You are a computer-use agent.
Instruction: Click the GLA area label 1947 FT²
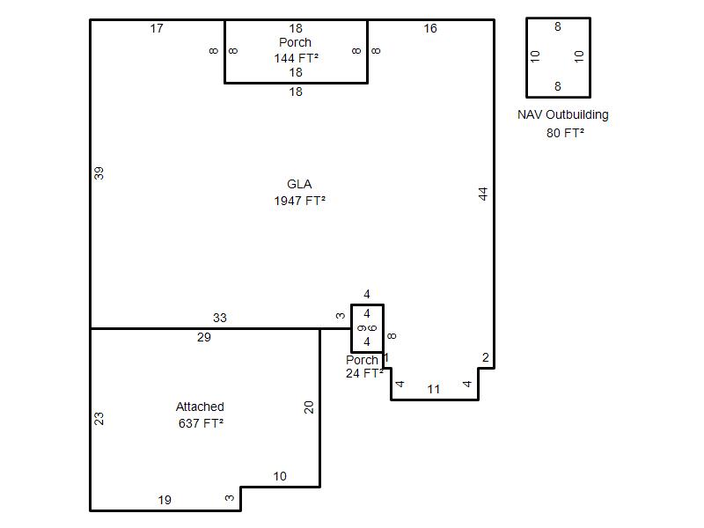[299, 201]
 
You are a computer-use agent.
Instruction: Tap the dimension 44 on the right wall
[482, 194]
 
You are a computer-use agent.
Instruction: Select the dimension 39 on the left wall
[99, 172]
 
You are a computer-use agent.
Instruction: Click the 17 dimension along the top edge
[157, 28]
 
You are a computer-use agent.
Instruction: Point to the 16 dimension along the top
[430, 28]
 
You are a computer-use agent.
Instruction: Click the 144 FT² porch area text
[297, 58]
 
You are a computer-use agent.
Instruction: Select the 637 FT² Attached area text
[201, 423]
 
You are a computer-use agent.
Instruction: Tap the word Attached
[200, 407]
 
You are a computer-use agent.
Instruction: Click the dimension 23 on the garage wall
[99, 419]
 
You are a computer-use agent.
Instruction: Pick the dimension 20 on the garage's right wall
[309, 407]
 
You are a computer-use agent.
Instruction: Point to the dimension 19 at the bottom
[165, 500]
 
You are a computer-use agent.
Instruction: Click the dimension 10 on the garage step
[280, 476]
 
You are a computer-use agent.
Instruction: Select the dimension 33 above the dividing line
[219, 318]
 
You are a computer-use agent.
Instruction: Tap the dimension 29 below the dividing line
[204, 337]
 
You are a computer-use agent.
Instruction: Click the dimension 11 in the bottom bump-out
[433, 389]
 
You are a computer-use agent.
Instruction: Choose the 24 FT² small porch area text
[364, 373]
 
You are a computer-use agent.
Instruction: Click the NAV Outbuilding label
[563, 115]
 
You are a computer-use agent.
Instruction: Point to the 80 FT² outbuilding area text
[565, 133]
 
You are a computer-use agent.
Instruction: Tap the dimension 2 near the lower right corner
[486, 357]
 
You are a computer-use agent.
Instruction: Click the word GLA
[299, 184]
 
